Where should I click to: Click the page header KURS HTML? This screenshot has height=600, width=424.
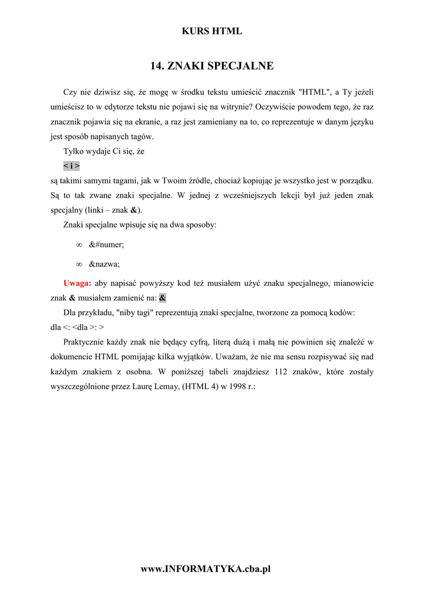click(x=212, y=32)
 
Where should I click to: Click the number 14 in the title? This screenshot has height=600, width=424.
click(x=156, y=66)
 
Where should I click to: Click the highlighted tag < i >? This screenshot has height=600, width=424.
click(x=71, y=166)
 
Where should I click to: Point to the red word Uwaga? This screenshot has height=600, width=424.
click(x=77, y=283)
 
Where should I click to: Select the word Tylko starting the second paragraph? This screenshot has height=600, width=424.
click(x=74, y=151)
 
